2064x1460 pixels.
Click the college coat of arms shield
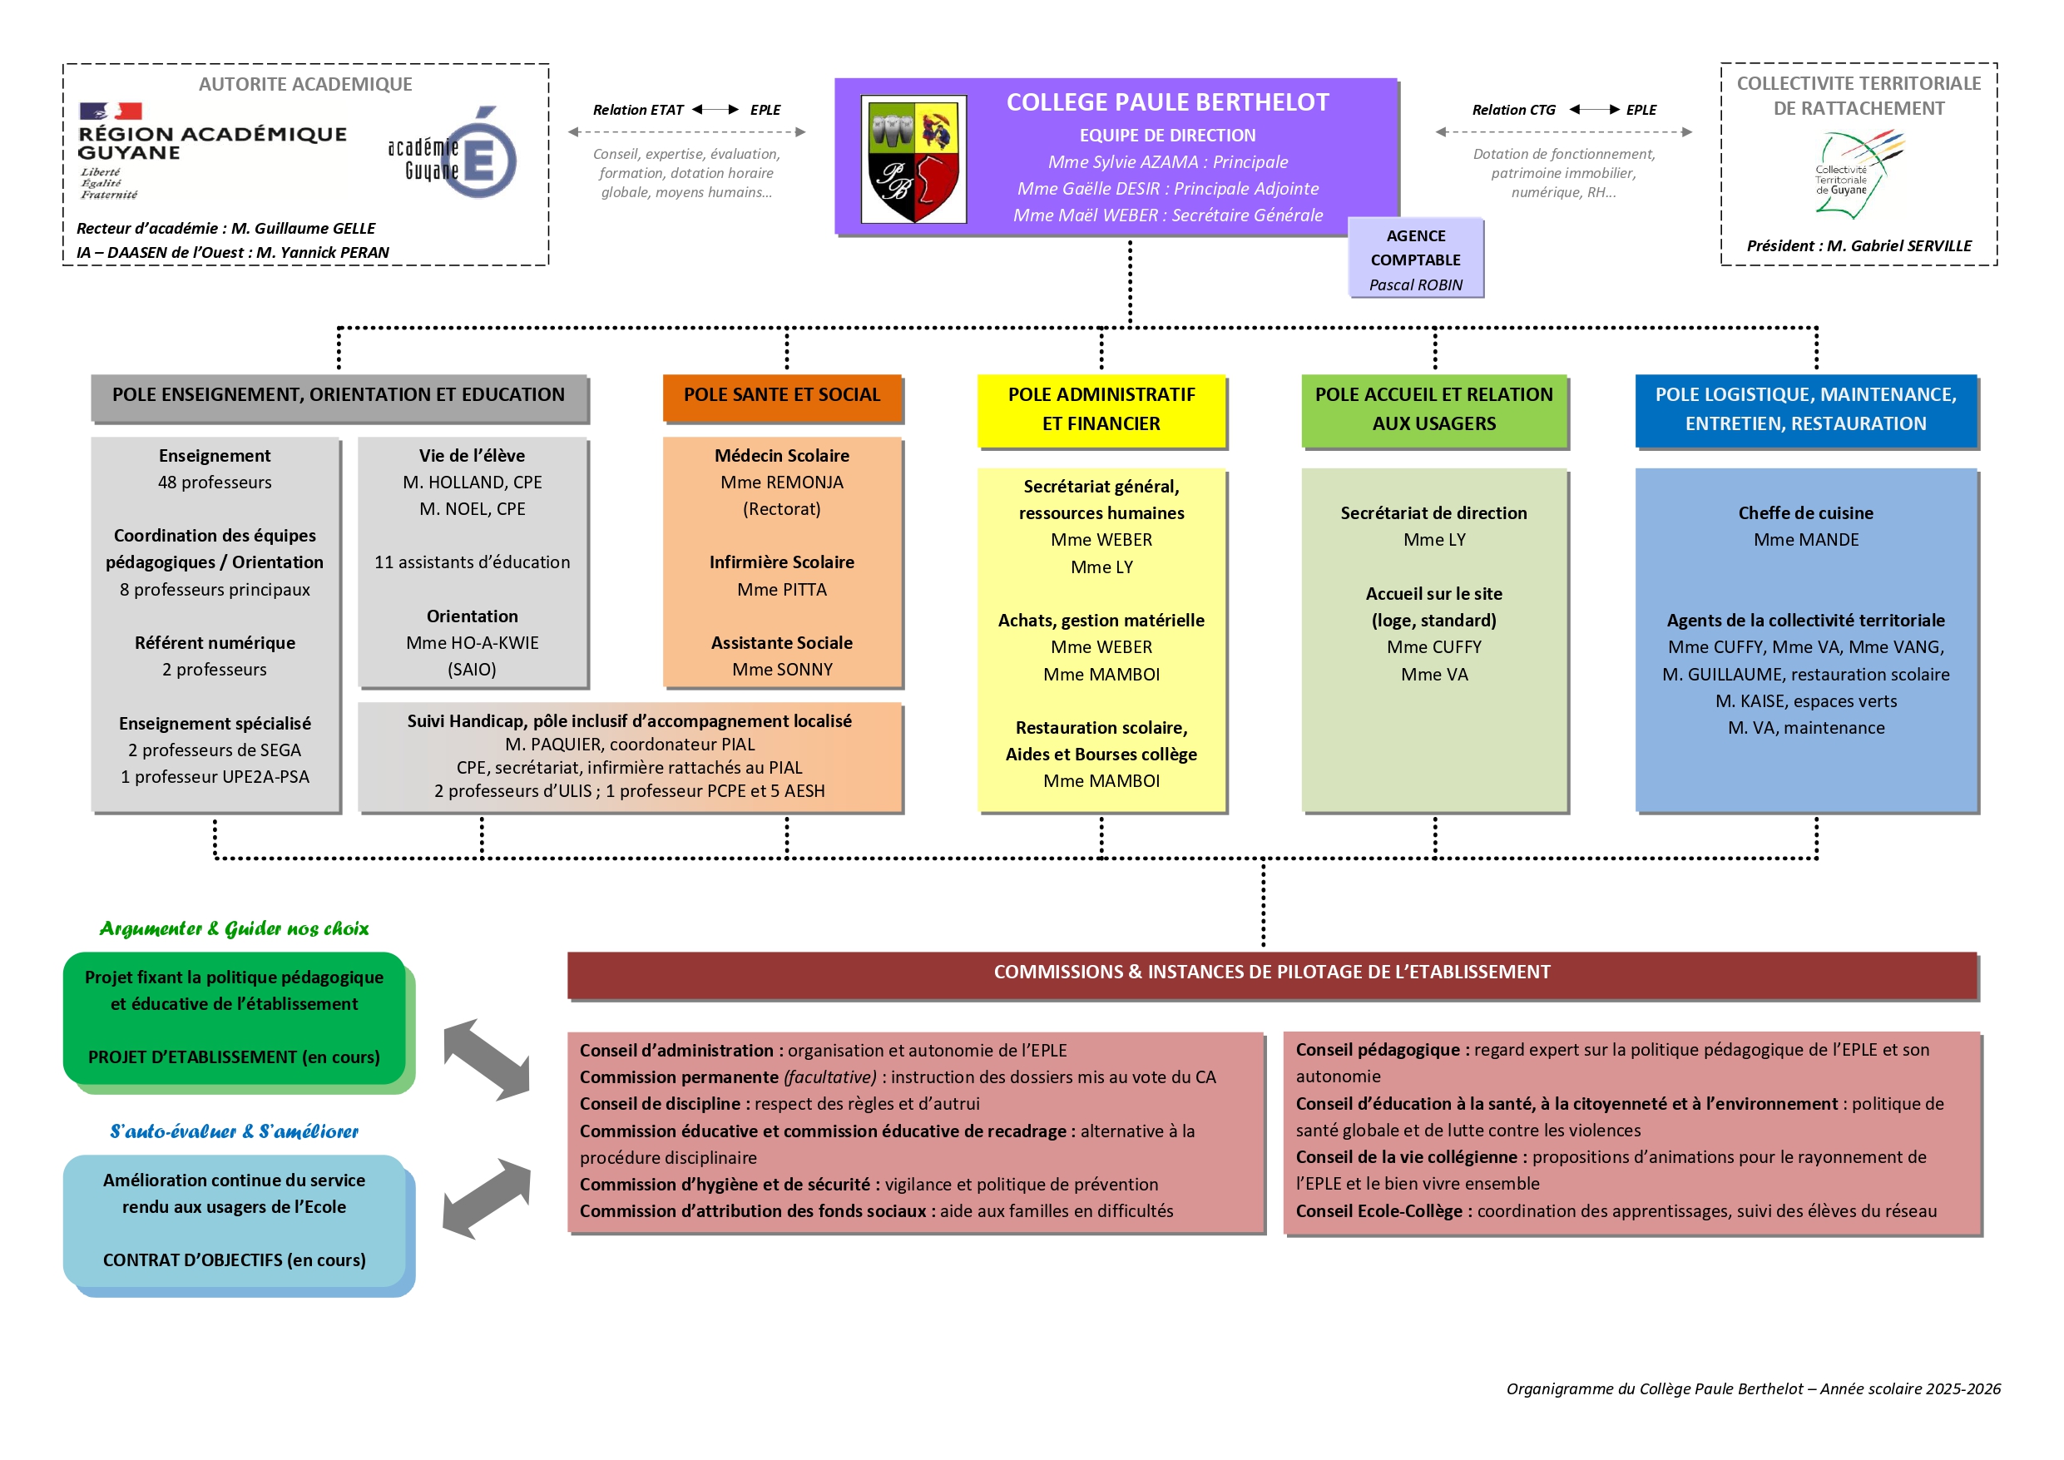[x=913, y=159]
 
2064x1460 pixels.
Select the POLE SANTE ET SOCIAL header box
[x=782, y=397]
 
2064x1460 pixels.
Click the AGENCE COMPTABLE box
[x=1415, y=257]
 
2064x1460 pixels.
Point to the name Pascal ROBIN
[x=1415, y=285]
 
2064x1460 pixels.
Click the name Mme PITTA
[x=781, y=590]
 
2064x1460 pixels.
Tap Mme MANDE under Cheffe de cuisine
[x=1805, y=539]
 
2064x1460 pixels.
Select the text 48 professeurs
[x=214, y=482]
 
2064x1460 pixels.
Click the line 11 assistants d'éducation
[x=472, y=562]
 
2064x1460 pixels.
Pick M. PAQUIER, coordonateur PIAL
[x=629, y=745]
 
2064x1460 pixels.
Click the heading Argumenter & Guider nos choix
[x=234, y=928]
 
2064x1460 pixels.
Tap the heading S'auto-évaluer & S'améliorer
[x=234, y=1132]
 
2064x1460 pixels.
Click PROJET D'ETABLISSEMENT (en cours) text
[x=234, y=1057]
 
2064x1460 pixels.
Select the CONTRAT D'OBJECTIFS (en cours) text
[x=234, y=1260]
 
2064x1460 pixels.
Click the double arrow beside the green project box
[x=487, y=1060]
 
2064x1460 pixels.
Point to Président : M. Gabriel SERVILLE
[x=1859, y=245]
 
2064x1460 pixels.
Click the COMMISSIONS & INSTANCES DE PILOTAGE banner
[x=1271, y=973]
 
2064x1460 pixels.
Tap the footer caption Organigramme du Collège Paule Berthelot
[x=1752, y=1389]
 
